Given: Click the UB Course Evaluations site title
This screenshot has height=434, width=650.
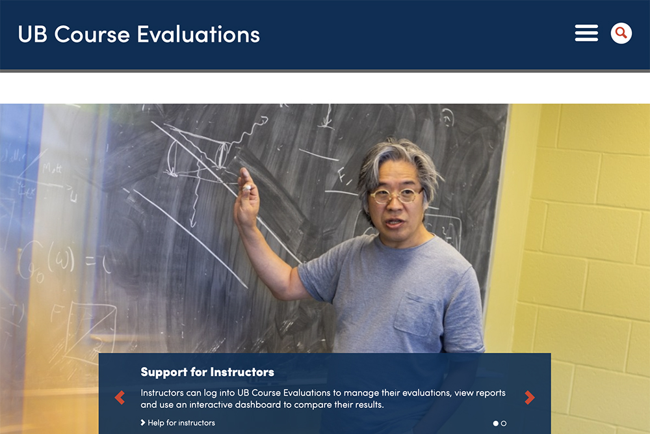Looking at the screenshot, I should pos(138,34).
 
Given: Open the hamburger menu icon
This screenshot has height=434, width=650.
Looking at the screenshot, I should pos(586,33).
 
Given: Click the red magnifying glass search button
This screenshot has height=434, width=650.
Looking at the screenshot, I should pos(621,33).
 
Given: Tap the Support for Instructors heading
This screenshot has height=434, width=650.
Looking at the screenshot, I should pos(207,372).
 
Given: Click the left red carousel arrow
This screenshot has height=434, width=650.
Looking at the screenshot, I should pos(120,398).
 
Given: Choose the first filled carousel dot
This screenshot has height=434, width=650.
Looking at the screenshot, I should pos(496,424).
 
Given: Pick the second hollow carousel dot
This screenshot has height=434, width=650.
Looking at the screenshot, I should pos(504,424).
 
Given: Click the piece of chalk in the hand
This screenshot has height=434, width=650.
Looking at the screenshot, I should pos(246,189).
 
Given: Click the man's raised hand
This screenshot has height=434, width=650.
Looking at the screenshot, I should pos(246,205).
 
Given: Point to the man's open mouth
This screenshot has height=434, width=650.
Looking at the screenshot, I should pos(394,222).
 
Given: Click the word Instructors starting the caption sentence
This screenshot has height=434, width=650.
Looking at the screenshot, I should pos(162,393).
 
